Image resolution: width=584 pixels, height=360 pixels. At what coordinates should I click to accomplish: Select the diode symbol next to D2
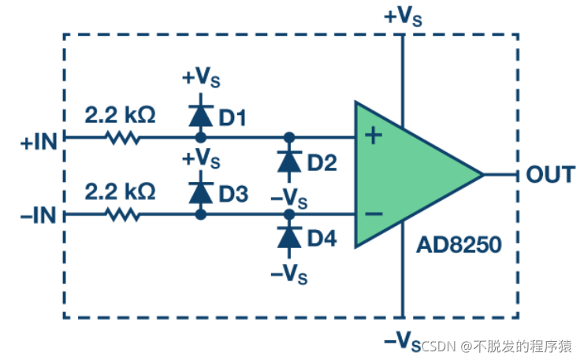tap(289, 161)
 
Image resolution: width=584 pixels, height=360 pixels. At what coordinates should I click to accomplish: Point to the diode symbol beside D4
tap(289, 236)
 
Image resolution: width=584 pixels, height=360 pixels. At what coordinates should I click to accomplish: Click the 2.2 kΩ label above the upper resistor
tap(120, 115)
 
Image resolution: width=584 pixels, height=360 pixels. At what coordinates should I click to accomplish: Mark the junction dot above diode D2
tap(289, 137)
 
